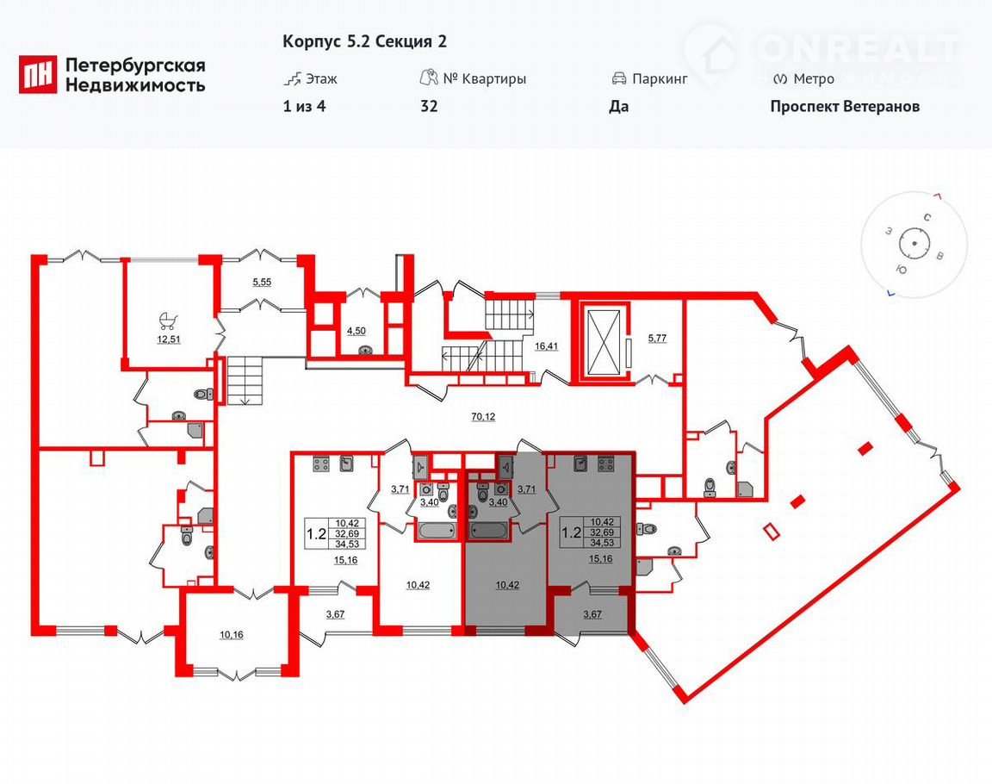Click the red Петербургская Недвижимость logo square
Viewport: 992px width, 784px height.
(38, 74)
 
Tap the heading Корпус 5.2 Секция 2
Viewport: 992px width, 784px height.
(364, 41)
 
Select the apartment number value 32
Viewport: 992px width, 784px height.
(429, 106)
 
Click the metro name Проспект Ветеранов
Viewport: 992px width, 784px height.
(845, 106)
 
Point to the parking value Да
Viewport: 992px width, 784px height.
(619, 106)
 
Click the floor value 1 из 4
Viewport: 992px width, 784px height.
(304, 106)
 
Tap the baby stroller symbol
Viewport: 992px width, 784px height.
(168, 320)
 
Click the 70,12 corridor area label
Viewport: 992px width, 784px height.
(483, 416)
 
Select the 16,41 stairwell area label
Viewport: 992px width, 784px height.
(546, 346)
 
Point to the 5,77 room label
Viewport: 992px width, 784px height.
(657, 339)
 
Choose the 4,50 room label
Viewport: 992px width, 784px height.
(356, 330)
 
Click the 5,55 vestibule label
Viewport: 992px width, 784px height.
(262, 283)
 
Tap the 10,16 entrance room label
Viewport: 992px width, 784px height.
(232, 635)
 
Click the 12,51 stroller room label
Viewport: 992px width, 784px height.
(168, 339)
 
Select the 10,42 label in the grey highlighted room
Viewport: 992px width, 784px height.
(507, 585)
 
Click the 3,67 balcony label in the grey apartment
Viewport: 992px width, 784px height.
(592, 614)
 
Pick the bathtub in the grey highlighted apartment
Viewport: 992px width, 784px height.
(488, 531)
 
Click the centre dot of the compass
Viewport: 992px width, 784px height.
(914, 244)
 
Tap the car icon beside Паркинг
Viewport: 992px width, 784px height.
(619, 79)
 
